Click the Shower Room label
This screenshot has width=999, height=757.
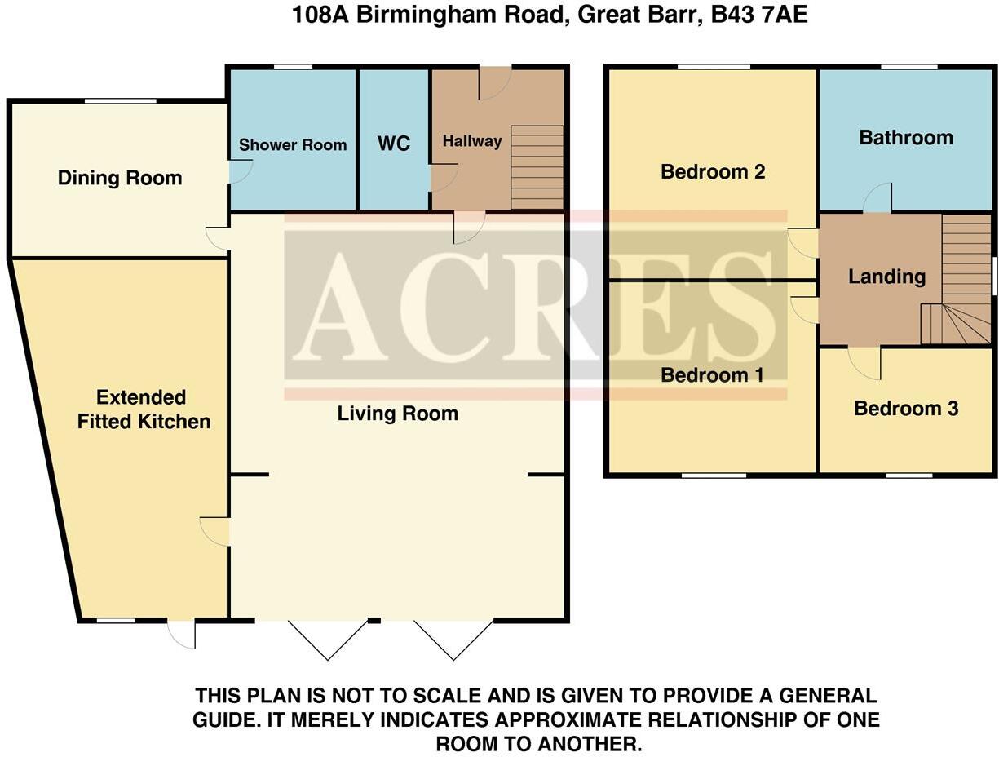tap(293, 145)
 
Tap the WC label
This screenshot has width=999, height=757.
tap(393, 144)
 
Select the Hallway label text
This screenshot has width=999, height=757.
tap(471, 141)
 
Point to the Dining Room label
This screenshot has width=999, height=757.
tap(120, 178)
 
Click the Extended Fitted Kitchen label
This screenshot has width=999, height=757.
tap(144, 409)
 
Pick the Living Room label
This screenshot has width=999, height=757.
tap(397, 414)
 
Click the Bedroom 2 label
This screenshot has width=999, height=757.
tap(712, 171)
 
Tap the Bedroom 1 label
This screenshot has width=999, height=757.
tap(712, 375)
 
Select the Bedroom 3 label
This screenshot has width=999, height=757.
tap(905, 408)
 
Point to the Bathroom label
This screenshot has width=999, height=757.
tap(905, 137)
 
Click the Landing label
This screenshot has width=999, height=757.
tap(886, 277)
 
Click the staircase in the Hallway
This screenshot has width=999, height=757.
tap(537, 167)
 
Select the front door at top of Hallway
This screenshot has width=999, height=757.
tap(494, 83)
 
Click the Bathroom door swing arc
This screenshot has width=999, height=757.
tap(877, 198)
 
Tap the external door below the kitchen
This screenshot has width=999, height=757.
tap(183, 635)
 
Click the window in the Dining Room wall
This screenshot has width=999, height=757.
tap(121, 101)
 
